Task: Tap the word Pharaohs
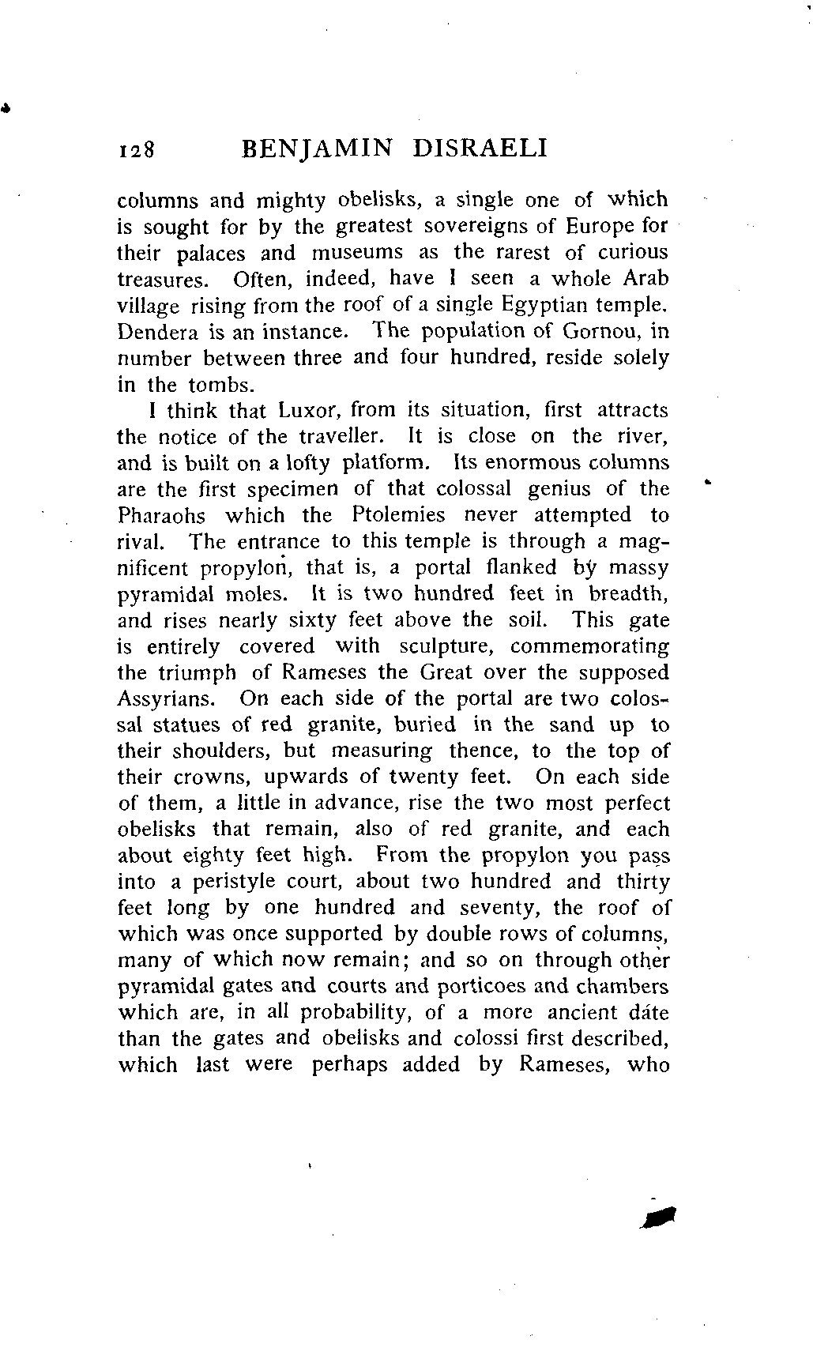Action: click(x=162, y=516)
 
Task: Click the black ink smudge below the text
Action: click(x=661, y=1219)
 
